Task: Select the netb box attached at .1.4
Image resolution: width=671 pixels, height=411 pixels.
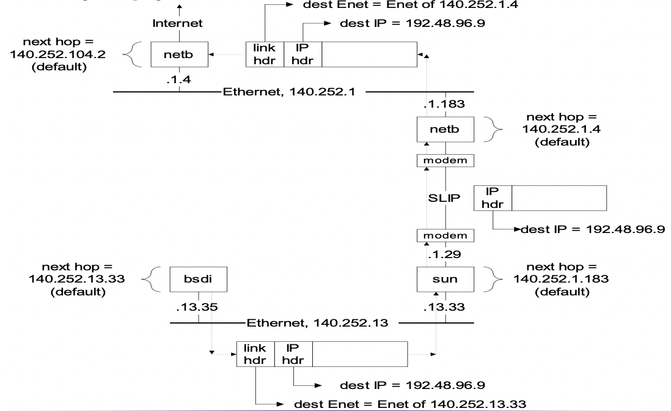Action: click(179, 54)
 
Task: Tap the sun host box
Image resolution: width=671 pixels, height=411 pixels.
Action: click(445, 280)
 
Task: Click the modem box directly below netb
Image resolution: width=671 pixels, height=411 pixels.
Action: click(445, 160)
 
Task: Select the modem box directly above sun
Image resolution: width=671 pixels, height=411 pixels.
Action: click(445, 235)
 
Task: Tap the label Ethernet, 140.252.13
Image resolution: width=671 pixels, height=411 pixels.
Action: click(317, 322)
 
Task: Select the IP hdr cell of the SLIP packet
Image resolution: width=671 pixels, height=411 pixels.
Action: click(493, 198)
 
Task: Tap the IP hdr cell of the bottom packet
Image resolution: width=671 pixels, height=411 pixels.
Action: click(294, 354)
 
